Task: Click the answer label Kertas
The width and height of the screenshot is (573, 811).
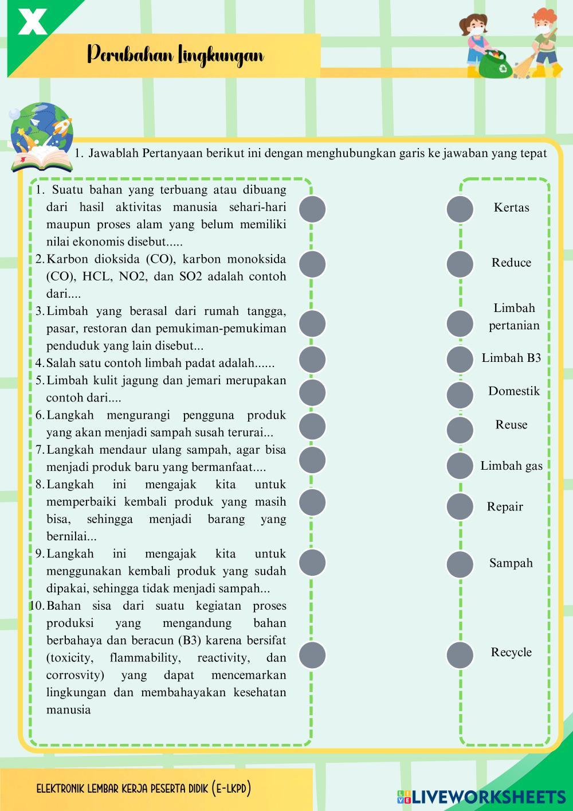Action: [511, 208]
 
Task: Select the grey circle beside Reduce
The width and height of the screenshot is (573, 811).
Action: [460, 264]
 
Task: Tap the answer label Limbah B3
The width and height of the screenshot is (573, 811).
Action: [511, 358]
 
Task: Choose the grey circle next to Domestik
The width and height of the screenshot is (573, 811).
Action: [460, 395]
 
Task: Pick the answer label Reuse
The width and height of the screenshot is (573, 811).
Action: [511, 425]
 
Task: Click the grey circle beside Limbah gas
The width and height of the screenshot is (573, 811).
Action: [460, 466]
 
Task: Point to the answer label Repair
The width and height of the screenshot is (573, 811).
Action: [505, 507]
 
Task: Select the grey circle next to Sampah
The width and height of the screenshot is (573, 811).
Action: [460, 564]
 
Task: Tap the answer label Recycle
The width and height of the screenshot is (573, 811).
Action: [511, 653]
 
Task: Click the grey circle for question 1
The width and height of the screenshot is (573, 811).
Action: [312, 209]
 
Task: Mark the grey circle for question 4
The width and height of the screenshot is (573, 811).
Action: [312, 360]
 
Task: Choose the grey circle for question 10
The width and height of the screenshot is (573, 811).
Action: [312, 655]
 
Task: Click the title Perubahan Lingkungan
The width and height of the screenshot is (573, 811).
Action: [175, 56]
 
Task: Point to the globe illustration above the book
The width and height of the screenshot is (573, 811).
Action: [41, 127]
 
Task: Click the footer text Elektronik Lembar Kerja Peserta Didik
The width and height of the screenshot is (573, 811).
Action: [144, 789]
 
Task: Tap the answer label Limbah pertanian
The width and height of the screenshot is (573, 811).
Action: [513, 317]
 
